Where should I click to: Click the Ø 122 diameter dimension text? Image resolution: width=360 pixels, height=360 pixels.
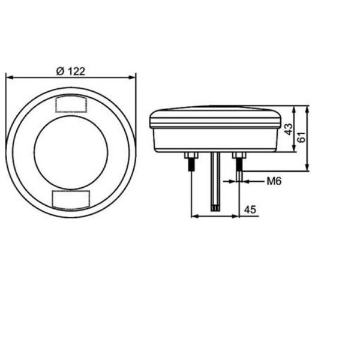[x=70, y=71]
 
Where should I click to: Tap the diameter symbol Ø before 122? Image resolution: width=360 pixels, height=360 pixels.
[x=59, y=71]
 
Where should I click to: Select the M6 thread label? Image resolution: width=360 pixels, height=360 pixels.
[x=275, y=181]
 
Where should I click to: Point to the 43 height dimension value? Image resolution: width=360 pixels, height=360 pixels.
[x=289, y=130]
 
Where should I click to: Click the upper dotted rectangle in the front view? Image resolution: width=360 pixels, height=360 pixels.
[x=71, y=104]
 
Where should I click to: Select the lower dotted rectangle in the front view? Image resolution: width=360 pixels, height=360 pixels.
[x=71, y=199]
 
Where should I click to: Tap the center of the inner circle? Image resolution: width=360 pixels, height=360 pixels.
[x=71, y=152]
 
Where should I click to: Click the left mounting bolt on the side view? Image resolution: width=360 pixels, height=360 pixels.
[x=191, y=163]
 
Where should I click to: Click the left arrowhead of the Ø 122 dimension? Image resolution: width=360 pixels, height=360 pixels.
[x=8, y=77]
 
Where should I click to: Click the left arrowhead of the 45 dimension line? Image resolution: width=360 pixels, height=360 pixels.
[x=193, y=216]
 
